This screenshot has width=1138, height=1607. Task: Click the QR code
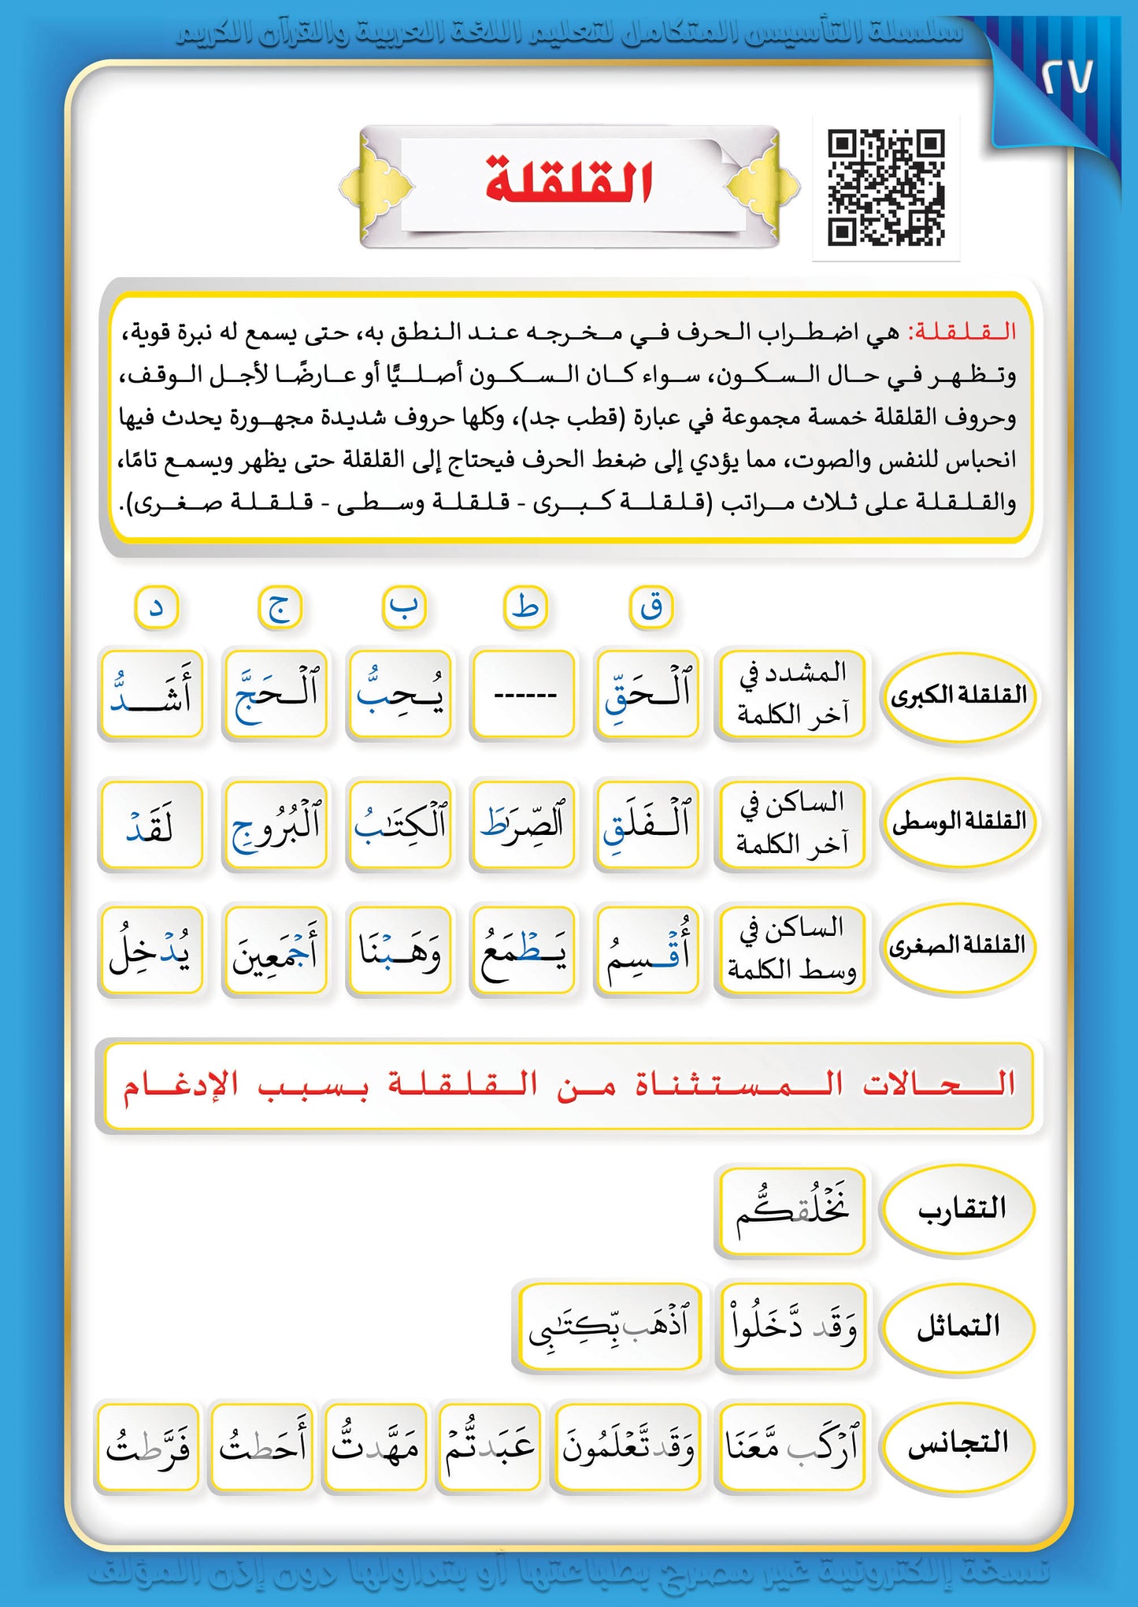pos(885,187)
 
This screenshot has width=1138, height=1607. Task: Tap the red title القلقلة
pos(569,180)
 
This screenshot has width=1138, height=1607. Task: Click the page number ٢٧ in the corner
pos(1066,76)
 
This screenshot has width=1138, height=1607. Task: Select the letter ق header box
pos(651,607)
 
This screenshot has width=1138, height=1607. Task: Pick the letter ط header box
pos(525,607)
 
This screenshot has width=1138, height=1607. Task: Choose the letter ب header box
pos(404,607)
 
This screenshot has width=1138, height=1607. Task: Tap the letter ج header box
pos(280,608)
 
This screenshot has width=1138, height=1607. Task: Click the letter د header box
pos(157,608)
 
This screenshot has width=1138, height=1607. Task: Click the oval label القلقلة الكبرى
pos(958,696)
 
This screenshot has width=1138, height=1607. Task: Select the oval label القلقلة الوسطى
pos(958,822)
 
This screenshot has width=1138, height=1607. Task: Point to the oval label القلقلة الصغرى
pos(958,945)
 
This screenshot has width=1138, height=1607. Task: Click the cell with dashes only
pos(524,695)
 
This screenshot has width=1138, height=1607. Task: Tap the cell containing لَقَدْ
pos(150,824)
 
